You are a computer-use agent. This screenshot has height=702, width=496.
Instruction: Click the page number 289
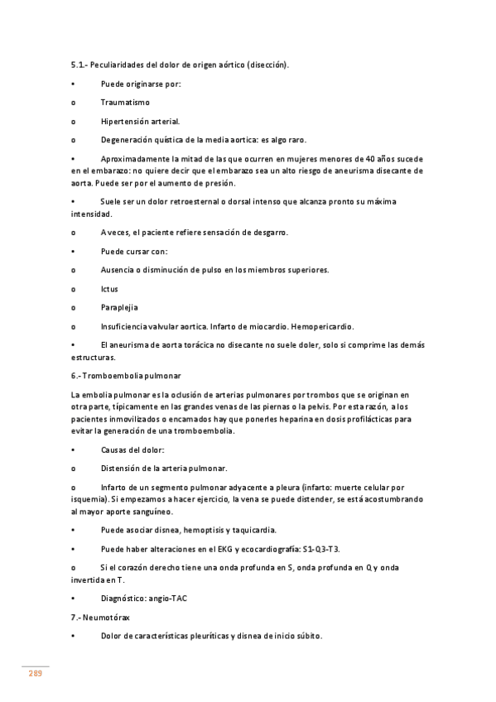(35, 673)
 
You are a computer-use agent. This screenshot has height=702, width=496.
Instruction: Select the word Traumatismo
(125, 103)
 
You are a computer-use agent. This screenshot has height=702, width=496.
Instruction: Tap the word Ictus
(109, 289)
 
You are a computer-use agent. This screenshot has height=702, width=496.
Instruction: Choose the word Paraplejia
(119, 308)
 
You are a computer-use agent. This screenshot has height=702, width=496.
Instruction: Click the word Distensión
(123, 469)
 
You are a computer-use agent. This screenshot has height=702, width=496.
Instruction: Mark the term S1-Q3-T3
(321, 549)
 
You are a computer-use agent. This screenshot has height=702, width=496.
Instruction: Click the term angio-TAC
(168, 599)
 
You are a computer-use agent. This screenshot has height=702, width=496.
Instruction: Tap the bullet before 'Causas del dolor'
(74, 450)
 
